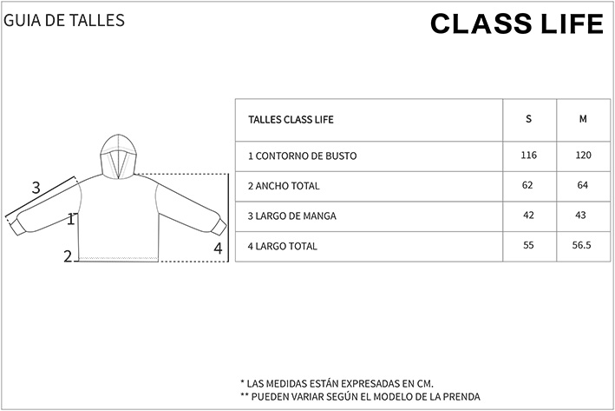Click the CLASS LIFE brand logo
pyautogui.click(x=517, y=23)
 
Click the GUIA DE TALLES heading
pyautogui.click(x=64, y=21)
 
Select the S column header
pyautogui.click(x=529, y=119)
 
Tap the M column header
pyautogui.click(x=583, y=119)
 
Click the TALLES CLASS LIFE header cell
pyautogui.click(x=291, y=119)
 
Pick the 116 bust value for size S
pyautogui.click(x=529, y=156)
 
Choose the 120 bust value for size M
pyautogui.click(x=583, y=156)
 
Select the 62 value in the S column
pyautogui.click(x=527, y=185)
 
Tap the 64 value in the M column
pyautogui.click(x=583, y=185)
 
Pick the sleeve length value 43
pyautogui.click(x=580, y=215)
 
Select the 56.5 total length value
pyautogui.click(x=582, y=245)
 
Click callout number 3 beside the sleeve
pyautogui.click(x=36, y=188)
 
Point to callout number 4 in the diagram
pyautogui.click(x=218, y=249)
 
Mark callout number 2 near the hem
pyautogui.click(x=69, y=256)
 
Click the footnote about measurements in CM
pyautogui.click(x=337, y=383)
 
